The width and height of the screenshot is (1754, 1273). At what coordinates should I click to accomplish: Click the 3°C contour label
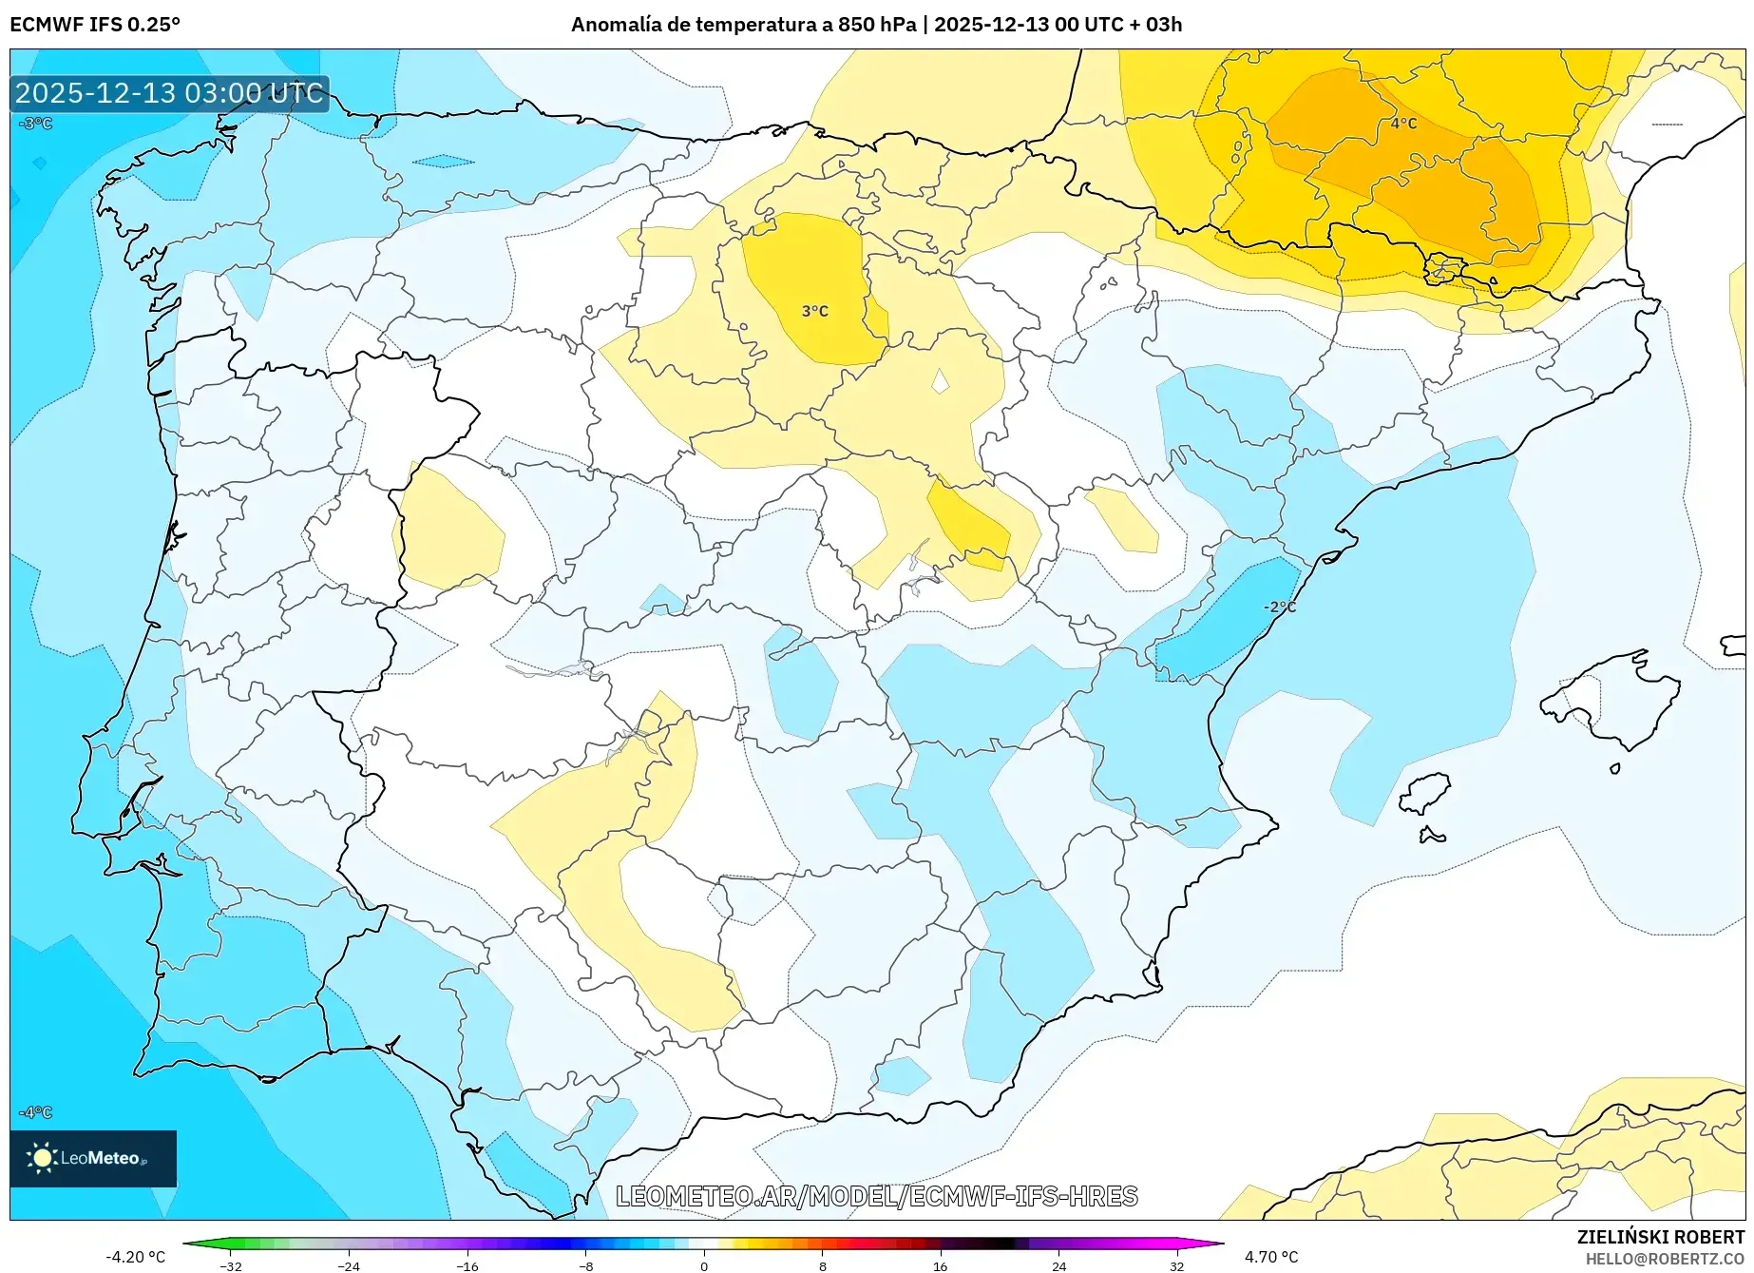pyautogui.click(x=814, y=311)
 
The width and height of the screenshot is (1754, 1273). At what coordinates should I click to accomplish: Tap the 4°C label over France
pyautogui.click(x=1403, y=124)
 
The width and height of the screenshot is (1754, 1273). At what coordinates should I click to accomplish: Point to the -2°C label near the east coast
pyautogui.click(x=1279, y=607)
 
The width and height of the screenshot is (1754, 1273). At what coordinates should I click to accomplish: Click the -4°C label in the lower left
pyautogui.click(x=36, y=1112)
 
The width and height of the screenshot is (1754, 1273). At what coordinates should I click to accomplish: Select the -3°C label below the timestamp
pyautogui.click(x=36, y=124)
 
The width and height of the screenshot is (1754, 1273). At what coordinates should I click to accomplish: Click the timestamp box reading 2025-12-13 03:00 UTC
pyautogui.click(x=169, y=93)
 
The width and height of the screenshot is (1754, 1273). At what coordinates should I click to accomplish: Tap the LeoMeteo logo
pyautogui.click(x=92, y=1158)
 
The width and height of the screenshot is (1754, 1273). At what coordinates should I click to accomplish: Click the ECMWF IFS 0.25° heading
pyautogui.click(x=95, y=25)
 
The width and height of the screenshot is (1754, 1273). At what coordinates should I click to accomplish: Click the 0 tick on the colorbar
pyautogui.click(x=704, y=1265)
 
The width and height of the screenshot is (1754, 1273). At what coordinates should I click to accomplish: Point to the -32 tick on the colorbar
pyautogui.click(x=231, y=1265)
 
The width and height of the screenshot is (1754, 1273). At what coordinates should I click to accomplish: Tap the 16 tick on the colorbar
pyautogui.click(x=940, y=1265)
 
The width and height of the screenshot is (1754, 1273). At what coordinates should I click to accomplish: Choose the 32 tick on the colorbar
pyautogui.click(x=1176, y=1265)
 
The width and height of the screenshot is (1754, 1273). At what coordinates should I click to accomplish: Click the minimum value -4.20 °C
pyautogui.click(x=136, y=1257)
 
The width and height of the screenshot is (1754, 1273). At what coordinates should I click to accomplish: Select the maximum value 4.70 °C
pyautogui.click(x=1271, y=1257)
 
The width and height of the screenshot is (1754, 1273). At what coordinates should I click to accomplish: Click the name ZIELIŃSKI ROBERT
pyautogui.click(x=1660, y=1238)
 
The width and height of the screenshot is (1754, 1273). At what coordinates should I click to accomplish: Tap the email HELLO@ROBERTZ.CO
pyautogui.click(x=1664, y=1259)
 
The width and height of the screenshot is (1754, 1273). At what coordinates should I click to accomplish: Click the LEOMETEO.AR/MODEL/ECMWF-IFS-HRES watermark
pyautogui.click(x=876, y=1196)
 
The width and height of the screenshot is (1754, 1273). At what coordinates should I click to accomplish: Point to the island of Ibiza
pyautogui.click(x=1425, y=794)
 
